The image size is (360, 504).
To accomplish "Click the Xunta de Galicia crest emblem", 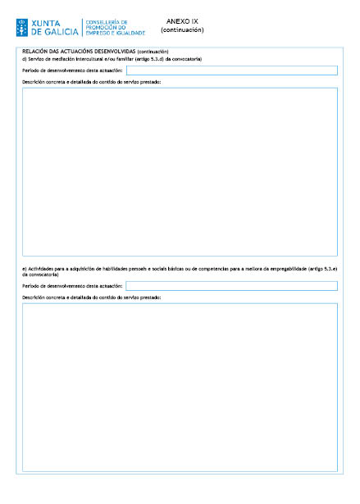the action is (x=23, y=27).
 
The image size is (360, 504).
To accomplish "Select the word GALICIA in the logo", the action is (x=61, y=32).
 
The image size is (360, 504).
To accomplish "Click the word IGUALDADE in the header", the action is (x=130, y=33).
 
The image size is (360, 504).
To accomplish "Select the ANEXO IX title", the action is (x=182, y=21).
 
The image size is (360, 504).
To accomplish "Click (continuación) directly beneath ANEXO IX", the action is (x=182, y=30).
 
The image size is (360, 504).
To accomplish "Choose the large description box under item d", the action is (x=180, y=171).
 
